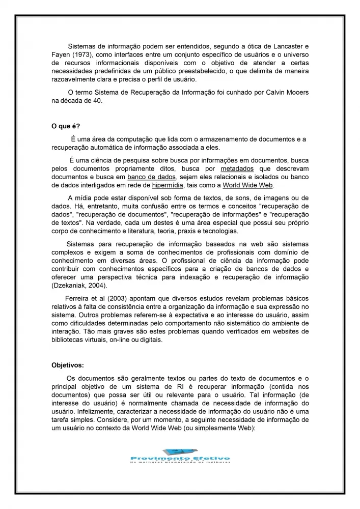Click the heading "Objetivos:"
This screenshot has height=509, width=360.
68,365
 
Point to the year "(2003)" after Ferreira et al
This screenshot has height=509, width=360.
116,298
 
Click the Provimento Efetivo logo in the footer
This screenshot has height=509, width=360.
180,456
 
